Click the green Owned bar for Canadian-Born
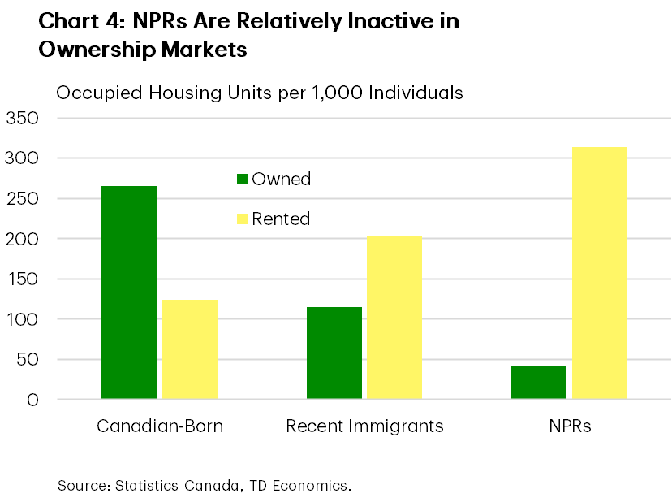point(129,292)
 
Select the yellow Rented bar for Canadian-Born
point(190,349)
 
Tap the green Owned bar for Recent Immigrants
point(334,353)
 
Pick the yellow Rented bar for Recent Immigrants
point(394,318)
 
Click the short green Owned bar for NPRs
point(539,383)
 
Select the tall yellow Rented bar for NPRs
point(600,273)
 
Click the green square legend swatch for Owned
point(241,180)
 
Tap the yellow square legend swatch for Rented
point(241,219)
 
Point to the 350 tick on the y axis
point(23,119)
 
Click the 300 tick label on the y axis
point(23,158)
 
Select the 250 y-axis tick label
point(23,199)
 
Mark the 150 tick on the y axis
point(23,279)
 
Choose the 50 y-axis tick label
point(28,360)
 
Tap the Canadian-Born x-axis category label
point(160,426)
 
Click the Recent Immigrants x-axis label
point(364,426)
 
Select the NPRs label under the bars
point(569,426)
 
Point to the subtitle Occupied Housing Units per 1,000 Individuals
point(260,93)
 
